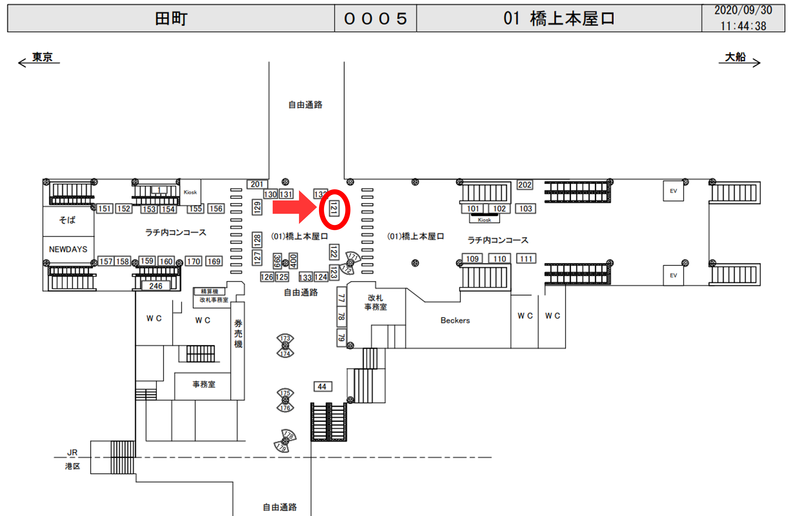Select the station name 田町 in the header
tap(171, 18)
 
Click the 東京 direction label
tap(42, 57)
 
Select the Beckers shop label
tap(455, 320)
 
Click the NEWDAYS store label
tap(68, 249)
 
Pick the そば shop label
tap(67, 220)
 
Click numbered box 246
tap(156, 286)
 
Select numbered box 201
tap(257, 184)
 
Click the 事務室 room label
tap(204, 384)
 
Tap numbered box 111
tap(526, 259)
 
